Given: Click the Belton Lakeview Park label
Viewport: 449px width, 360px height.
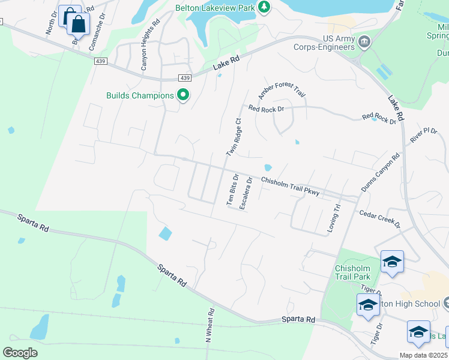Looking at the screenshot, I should (x=215, y=8).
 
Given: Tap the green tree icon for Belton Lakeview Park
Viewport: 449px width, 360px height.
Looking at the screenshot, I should (x=264, y=7).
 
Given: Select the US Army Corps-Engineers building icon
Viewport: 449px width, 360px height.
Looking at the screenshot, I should (x=364, y=42).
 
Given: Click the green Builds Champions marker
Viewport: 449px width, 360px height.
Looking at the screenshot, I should (x=183, y=95).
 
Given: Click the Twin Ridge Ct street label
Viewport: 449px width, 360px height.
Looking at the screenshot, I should (x=234, y=137).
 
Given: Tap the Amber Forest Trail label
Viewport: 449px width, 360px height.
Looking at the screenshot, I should (x=282, y=92).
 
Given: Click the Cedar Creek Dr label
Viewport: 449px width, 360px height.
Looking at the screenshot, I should (x=379, y=218).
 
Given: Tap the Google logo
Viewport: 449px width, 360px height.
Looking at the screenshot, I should (x=20, y=353).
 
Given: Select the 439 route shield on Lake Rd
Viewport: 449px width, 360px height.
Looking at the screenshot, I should (x=185, y=79).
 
